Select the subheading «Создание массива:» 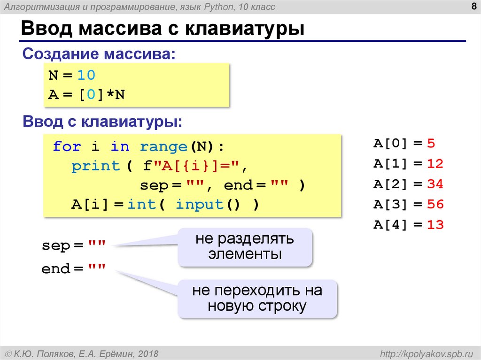click(99, 54)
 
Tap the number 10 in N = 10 click(86, 75)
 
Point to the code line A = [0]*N click(87, 95)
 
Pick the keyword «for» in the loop click(67, 146)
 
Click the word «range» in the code click(163, 146)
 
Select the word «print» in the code click(95, 166)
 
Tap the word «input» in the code click(199, 204)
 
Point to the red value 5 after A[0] click(431, 144)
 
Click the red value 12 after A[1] click(435, 164)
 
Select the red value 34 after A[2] click(435, 184)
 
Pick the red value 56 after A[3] click(435, 204)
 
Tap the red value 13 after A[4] click(435, 225)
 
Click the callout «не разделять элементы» click(245, 247)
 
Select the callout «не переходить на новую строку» click(257, 299)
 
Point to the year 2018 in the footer click(148, 353)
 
